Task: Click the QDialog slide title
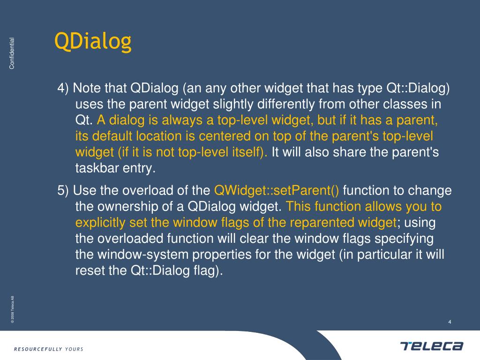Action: [92, 42]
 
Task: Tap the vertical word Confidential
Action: [12, 53]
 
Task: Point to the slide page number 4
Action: [450, 322]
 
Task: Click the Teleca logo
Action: [432, 346]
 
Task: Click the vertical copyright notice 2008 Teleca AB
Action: [13, 309]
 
